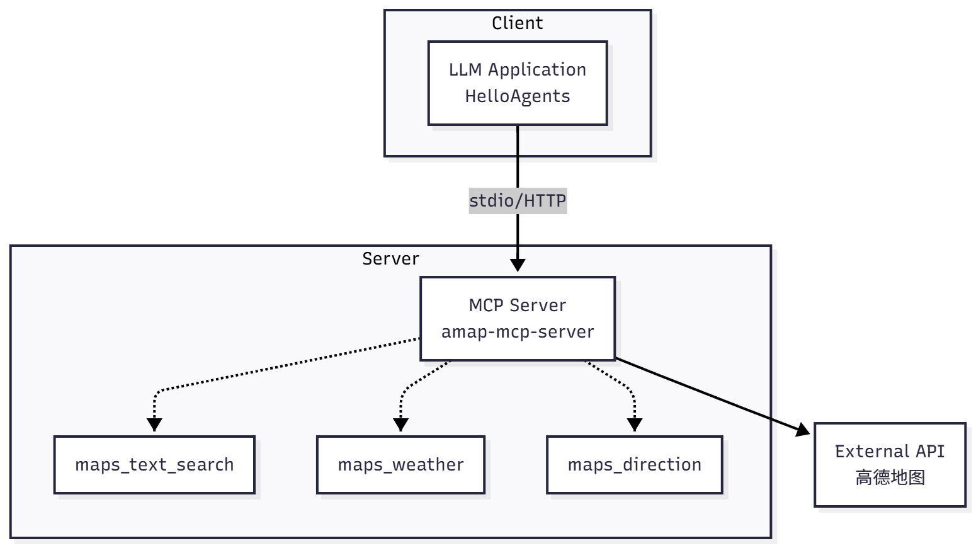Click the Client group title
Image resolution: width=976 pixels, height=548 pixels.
tap(517, 23)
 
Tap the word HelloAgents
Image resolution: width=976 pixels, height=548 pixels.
tap(517, 96)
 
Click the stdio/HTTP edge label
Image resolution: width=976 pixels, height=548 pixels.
tap(518, 201)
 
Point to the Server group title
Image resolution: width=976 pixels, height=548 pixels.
tap(390, 259)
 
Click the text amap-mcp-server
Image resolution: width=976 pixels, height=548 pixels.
tap(517, 332)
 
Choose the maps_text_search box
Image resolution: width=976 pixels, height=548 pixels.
tap(154, 465)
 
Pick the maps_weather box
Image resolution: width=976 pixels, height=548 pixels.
tap(400, 465)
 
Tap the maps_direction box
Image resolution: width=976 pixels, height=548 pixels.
tap(634, 465)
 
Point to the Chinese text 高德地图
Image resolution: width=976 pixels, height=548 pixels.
tap(890, 478)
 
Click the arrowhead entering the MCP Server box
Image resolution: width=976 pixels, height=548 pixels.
tap(518, 265)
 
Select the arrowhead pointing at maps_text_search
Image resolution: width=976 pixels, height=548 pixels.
tap(154, 425)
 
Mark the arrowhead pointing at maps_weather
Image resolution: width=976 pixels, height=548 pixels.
tap(401, 425)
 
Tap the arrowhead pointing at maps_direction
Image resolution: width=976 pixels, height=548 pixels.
tap(635, 425)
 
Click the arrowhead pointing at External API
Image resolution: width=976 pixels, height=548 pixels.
tap(803, 430)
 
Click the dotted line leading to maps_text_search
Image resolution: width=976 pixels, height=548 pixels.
tap(283, 365)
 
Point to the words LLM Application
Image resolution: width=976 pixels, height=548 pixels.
tap(517, 70)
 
